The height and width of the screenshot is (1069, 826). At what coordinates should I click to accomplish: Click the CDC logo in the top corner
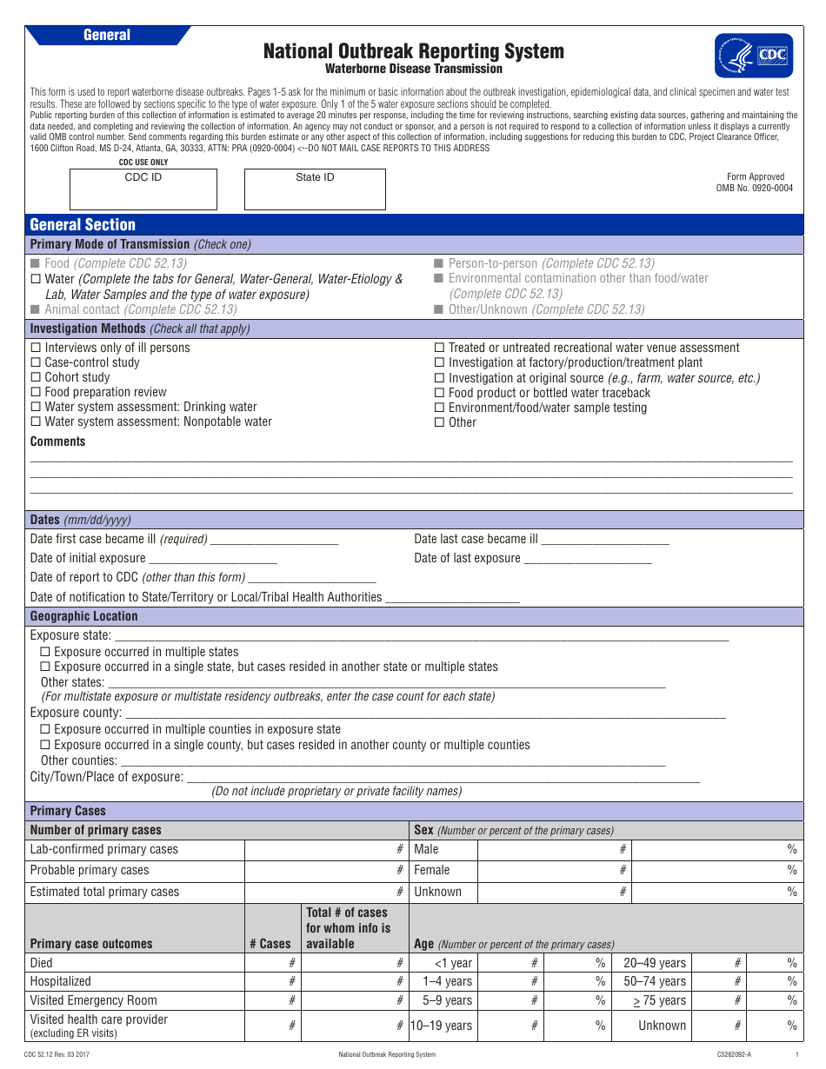pos(753,56)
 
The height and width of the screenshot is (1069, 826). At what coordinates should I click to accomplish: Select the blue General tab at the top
pos(107,35)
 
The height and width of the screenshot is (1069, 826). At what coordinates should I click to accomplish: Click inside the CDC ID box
pos(143,189)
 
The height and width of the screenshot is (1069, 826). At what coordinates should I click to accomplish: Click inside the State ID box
pos(315,189)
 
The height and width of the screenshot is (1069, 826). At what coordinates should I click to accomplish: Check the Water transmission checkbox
pos(36,279)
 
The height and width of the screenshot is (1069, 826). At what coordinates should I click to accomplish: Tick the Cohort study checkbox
pos(36,377)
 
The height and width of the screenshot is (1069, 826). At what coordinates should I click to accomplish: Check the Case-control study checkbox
pos(36,362)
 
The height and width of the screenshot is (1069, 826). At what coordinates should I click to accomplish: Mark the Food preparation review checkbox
pos(36,392)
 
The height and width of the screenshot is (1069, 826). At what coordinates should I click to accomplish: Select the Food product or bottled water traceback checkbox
pos(439,393)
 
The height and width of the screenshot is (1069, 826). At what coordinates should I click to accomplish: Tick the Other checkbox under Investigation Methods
pos(439,422)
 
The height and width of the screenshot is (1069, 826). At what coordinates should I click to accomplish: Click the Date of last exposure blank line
pos(588,559)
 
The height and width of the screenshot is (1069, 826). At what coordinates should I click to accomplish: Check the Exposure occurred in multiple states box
pos(45,652)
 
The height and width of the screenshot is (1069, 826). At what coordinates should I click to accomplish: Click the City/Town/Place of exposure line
pos(443,777)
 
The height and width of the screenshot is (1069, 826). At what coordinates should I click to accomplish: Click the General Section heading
pos(83,225)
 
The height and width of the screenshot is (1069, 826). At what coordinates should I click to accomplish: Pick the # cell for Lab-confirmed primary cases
pos(326,849)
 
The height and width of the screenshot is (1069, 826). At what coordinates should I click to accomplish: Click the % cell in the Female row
pos(716,870)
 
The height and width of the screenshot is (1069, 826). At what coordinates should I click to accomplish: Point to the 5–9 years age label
pos(447,1000)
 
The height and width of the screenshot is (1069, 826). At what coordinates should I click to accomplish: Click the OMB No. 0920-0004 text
pos(754,188)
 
